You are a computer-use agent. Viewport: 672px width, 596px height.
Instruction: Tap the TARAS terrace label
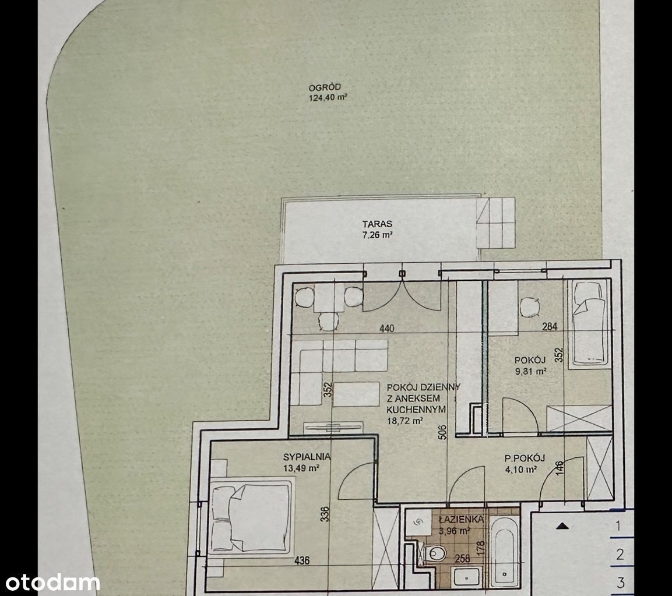377,224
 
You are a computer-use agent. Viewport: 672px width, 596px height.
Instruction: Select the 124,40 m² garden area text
328,98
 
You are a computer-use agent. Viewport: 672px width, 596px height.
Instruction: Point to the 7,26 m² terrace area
377,235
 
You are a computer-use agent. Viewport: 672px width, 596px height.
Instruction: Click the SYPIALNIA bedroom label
307,457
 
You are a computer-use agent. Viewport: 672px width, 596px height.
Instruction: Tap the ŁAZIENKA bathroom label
460,520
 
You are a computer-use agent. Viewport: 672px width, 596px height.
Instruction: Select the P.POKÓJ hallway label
525,458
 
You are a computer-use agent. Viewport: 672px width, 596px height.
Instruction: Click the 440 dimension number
386,329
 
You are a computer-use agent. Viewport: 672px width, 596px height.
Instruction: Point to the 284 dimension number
550,326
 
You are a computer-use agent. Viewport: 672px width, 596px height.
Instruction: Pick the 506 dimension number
443,433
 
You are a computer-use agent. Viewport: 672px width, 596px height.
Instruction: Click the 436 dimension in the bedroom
302,560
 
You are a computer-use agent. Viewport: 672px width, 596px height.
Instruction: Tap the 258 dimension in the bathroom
462,558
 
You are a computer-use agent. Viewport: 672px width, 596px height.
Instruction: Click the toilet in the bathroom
434,553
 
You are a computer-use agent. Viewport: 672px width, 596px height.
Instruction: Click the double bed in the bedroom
251,517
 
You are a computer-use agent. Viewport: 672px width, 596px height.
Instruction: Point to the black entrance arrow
562,526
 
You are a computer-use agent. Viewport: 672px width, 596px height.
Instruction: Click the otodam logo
52,583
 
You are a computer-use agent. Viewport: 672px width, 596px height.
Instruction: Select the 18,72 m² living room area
405,421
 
